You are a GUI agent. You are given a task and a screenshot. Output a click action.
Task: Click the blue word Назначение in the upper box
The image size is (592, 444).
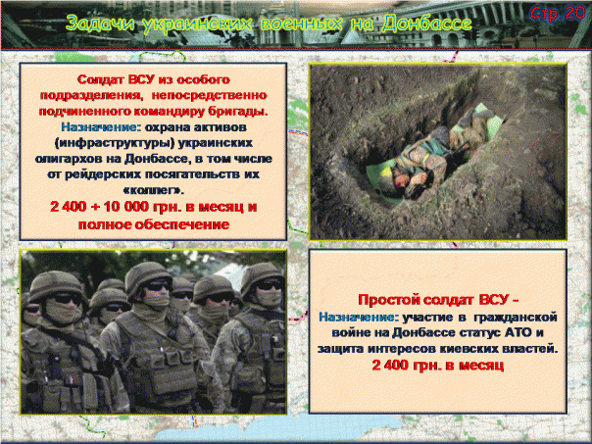click(97, 127)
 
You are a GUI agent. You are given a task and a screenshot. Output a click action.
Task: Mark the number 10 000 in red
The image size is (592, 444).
click(157, 208)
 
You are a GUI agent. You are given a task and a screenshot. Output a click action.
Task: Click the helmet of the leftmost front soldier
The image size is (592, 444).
click(55, 284)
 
